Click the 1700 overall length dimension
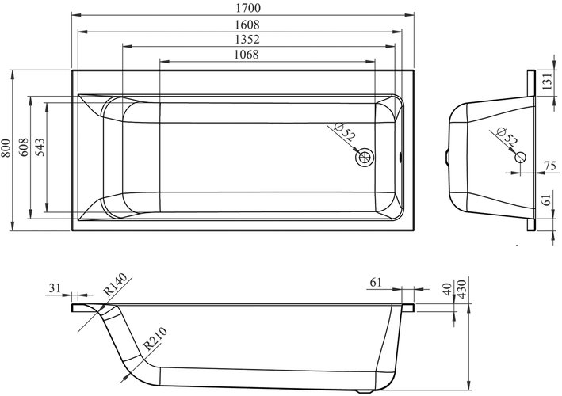[x=247, y=8]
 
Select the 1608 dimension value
[x=247, y=25]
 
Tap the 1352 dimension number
[x=247, y=39]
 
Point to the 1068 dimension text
[x=247, y=55]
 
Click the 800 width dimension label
[x=6, y=148]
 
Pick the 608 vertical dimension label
[x=23, y=147]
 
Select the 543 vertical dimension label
[x=40, y=147]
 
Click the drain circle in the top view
[x=365, y=157]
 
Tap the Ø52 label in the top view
[x=345, y=131]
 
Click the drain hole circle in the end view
[x=520, y=157]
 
